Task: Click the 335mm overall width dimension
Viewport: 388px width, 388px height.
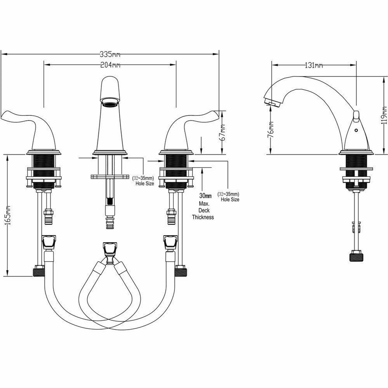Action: tap(110, 54)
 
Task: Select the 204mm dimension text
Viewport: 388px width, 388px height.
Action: tap(110, 65)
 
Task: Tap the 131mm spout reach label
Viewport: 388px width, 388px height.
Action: tap(314, 65)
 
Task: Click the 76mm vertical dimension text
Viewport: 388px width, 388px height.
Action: tap(270, 129)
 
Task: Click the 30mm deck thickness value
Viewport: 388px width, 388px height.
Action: tap(206, 195)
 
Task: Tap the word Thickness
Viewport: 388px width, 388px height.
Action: tap(203, 217)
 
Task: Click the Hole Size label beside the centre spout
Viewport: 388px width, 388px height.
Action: tap(145, 183)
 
